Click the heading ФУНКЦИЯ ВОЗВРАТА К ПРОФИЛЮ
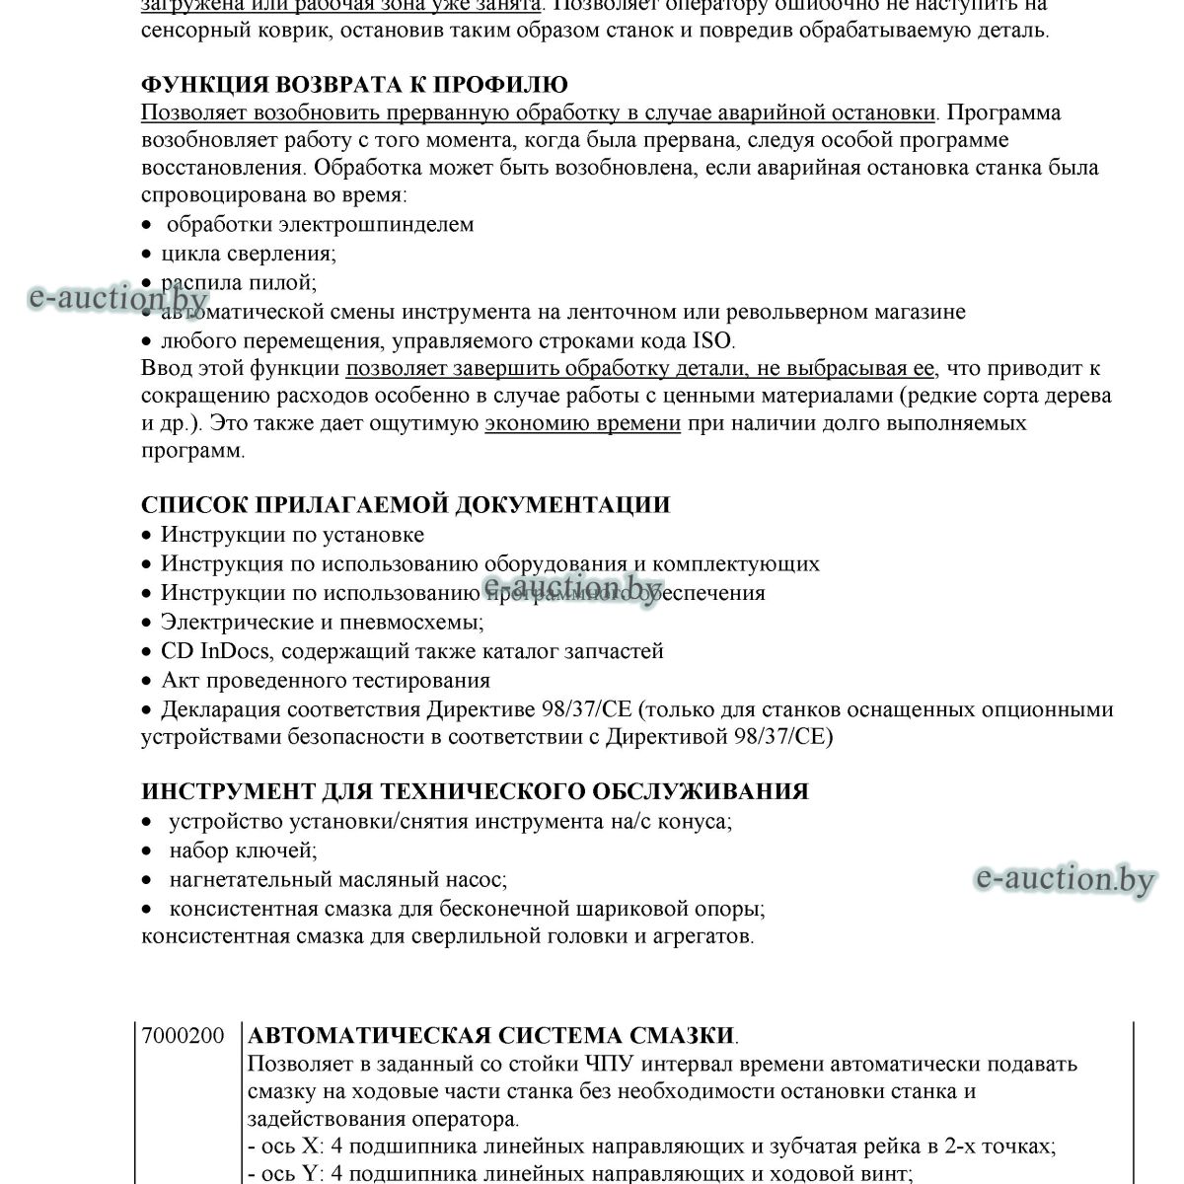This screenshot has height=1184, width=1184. pos(354,84)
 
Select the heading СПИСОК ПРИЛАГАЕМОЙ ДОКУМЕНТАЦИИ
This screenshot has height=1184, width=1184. pos(406,505)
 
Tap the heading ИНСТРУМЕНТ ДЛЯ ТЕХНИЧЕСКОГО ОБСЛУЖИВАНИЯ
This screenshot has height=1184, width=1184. pos(475,791)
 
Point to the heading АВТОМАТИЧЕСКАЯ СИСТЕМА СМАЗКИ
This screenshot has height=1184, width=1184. pos(490,1036)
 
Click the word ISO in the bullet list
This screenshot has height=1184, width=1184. pos(711,341)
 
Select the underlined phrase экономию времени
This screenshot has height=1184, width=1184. pos(582,423)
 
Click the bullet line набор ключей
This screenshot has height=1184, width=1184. pos(243,850)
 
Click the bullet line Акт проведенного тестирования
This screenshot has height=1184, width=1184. pos(326,681)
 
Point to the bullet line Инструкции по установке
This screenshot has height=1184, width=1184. pos(292,535)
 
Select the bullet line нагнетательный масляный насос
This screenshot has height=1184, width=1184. pos(337,879)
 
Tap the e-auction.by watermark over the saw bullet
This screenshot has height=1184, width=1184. pos(117,297)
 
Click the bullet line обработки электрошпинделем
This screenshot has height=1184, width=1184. pos(320,225)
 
